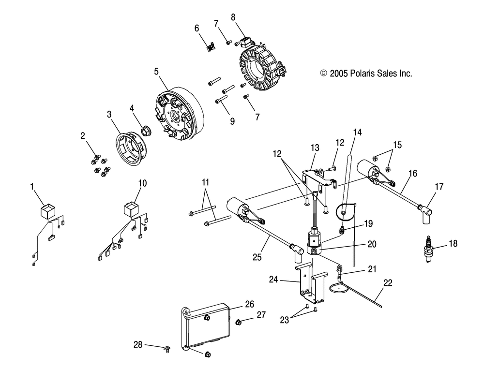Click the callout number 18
pyautogui.click(x=453, y=244)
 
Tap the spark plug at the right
pyautogui.click(x=428, y=250)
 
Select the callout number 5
pyautogui.click(x=156, y=71)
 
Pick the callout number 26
pyautogui.click(x=249, y=304)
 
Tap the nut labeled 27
pyautogui.click(x=239, y=322)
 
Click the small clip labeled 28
pyautogui.click(x=167, y=350)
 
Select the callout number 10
pyautogui.click(x=142, y=183)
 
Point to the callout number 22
pyautogui.click(x=388, y=282)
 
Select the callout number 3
pyautogui.click(x=109, y=115)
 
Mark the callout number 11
pyautogui.click(x=206, y=182)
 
